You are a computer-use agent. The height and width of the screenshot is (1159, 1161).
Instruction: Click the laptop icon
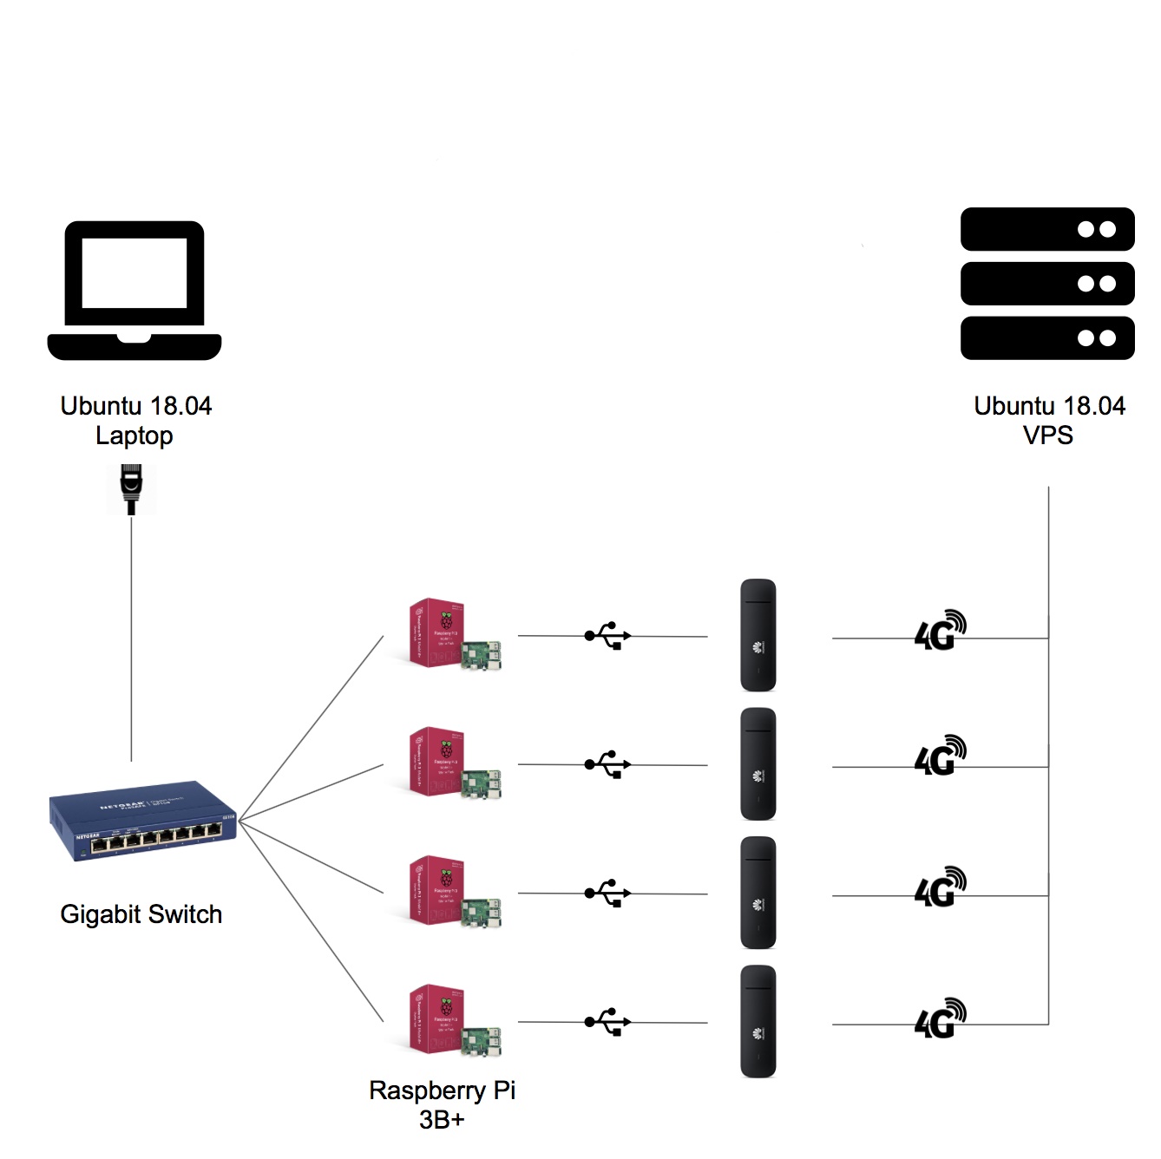click(x=134, y=290)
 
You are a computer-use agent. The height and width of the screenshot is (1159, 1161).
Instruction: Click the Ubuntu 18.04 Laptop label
click(x=135, y=421)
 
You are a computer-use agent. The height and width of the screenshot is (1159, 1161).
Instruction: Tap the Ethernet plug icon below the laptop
click(x=131, y=489)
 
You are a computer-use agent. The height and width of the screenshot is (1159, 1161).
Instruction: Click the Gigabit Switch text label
click(x=141, y=914)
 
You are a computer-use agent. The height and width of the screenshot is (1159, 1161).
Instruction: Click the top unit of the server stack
click(x=1047, y=229)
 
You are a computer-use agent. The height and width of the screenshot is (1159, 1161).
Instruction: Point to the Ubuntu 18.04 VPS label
click(x=1049, y=421)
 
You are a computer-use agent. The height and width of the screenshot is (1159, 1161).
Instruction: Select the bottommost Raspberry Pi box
click(x=454, y=1021)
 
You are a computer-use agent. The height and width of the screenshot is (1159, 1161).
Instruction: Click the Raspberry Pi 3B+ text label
click(x=442, y=1104)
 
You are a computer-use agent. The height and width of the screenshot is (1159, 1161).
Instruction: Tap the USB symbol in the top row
click(x=607, y=636)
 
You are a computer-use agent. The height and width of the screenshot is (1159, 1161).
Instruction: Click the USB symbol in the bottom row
click(x=607, y=1022)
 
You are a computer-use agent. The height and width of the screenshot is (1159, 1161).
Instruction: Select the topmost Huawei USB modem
click(x=758, y=635)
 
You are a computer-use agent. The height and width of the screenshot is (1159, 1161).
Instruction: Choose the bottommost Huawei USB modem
click(x=758, y=1021)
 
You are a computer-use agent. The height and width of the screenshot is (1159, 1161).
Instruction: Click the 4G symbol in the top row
click(x=940, y=631)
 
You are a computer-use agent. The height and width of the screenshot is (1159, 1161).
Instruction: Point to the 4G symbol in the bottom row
click(x=940, y=1018)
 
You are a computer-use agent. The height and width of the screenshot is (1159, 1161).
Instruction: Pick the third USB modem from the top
click(x=758, y=893)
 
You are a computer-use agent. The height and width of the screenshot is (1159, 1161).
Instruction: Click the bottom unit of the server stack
click(x=1047, y=337)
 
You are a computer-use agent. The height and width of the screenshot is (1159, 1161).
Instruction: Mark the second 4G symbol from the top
click(x=940, y=756)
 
